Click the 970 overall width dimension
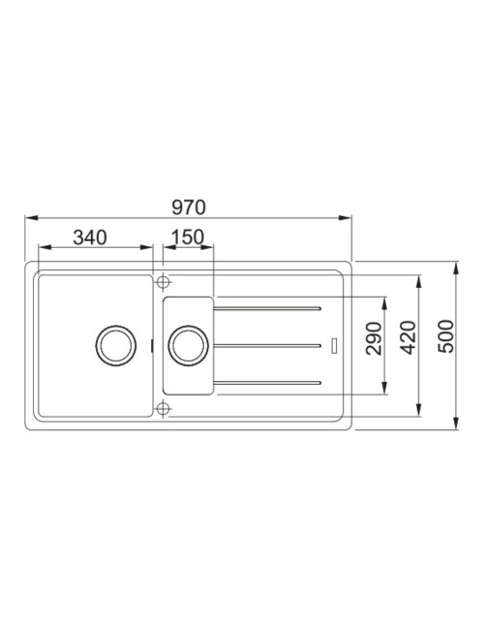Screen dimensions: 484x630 pyautogui.click(x=189, y=207)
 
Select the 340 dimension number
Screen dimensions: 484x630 pyautogui.click(x=90, y=237)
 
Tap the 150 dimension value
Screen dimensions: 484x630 pyautogui.click(x=188, y=237)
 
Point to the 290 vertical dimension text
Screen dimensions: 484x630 pyautogui.click(x=374, y=338)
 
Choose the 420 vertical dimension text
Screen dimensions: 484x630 pyautogui.click(x=408, y=337)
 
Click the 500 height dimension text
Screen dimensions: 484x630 pyautogui.click(x=446, y=336)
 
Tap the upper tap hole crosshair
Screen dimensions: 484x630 pyautogui.click(x=163, y=282)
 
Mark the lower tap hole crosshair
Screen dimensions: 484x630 pyautogui.click(x=163, y=409)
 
